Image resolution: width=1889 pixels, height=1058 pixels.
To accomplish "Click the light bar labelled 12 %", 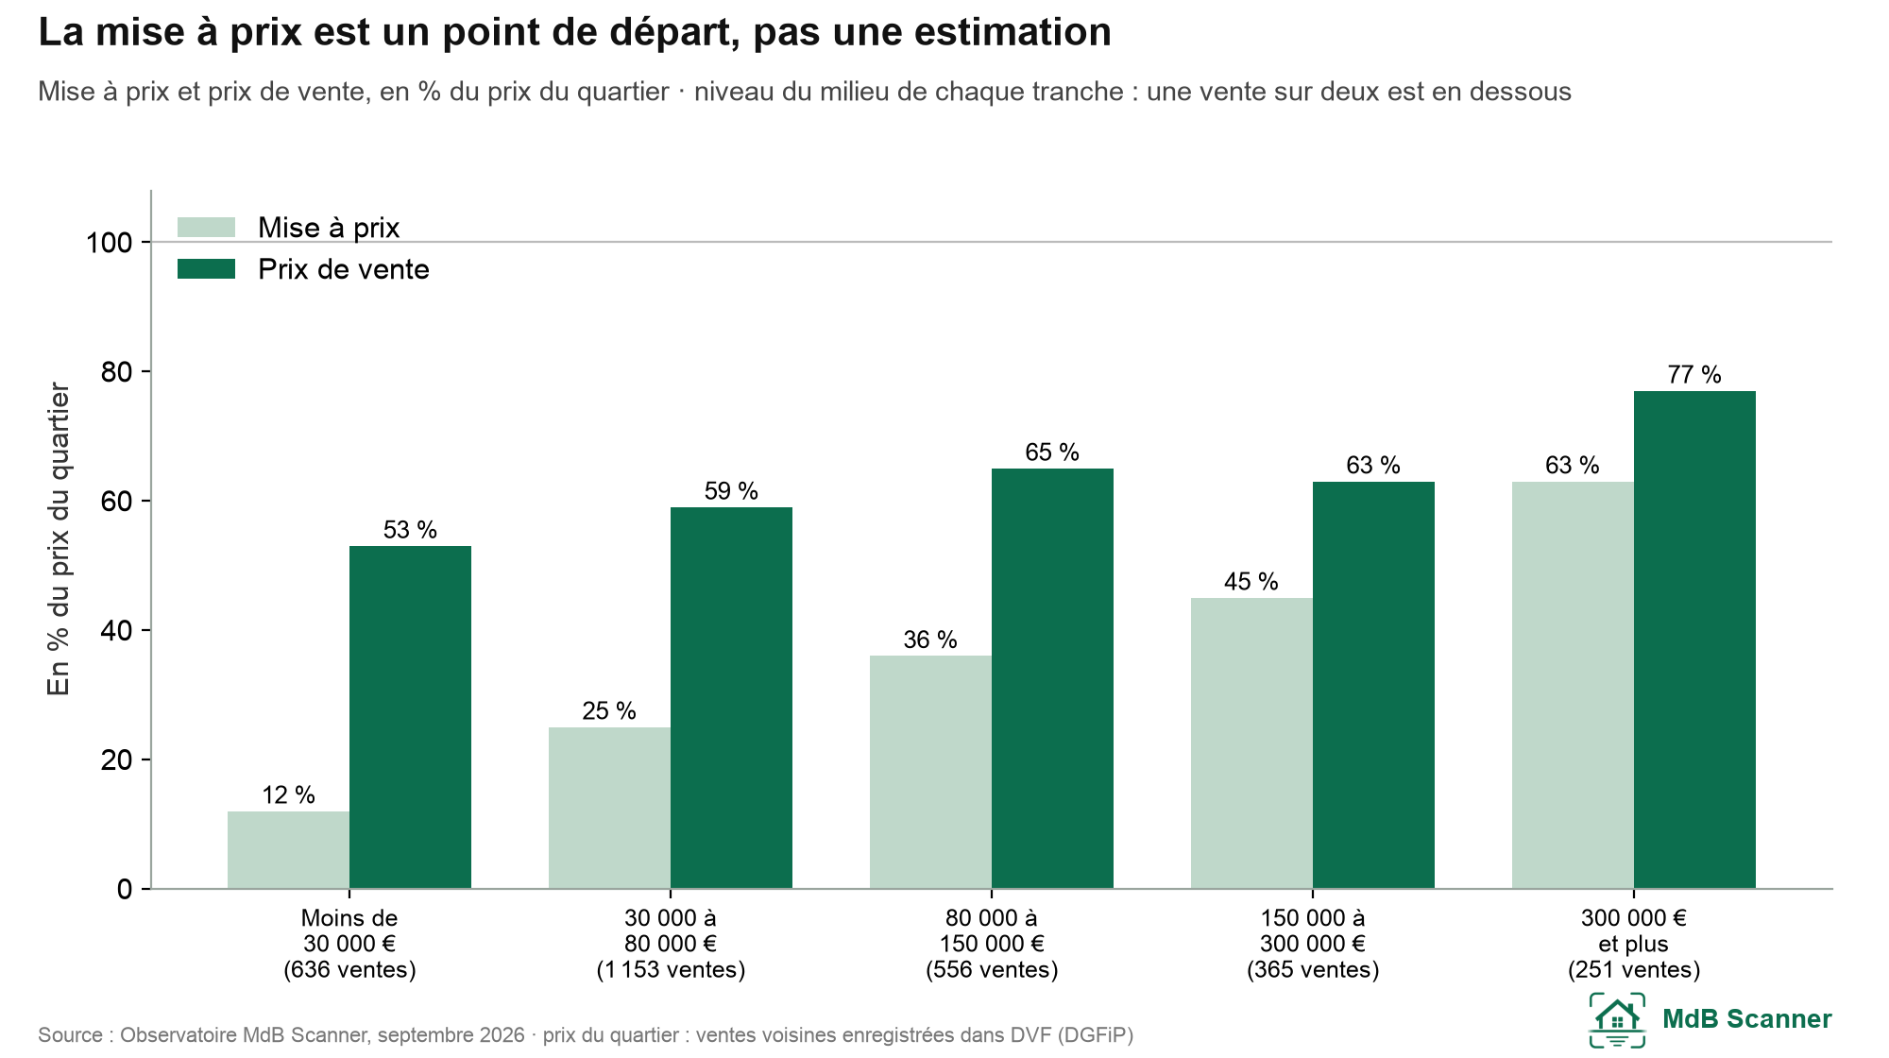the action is (288, 850).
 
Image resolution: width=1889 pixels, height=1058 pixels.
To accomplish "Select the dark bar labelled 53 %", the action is (410, 717).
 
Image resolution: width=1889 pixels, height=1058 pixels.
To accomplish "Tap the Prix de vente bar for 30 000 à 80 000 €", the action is (731, 698).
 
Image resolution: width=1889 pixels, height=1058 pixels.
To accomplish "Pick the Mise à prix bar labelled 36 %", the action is (930, 772).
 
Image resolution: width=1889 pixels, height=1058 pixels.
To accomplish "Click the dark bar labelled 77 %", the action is (1694, 640).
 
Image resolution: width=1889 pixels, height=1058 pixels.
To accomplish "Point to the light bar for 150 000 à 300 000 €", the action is (1251, 743).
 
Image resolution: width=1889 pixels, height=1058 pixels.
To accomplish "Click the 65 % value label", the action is (1052, 452).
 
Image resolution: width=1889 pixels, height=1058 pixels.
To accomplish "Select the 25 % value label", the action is (609, 711).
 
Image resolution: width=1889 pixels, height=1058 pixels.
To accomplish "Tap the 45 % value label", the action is (1251, 582).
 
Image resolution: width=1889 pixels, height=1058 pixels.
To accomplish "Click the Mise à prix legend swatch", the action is (206, 228).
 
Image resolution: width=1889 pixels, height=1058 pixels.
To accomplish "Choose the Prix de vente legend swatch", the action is (206, 269).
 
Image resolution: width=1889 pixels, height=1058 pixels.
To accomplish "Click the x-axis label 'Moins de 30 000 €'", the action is (349, 930).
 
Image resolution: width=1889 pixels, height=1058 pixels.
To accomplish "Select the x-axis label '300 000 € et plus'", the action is (1634, 930).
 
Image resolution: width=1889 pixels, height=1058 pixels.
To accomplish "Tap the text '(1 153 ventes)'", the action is (671, 970).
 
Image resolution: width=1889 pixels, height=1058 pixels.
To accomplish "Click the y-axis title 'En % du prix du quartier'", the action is (59, 539).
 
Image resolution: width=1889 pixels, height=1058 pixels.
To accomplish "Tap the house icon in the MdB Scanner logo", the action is (1617, 1020).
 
